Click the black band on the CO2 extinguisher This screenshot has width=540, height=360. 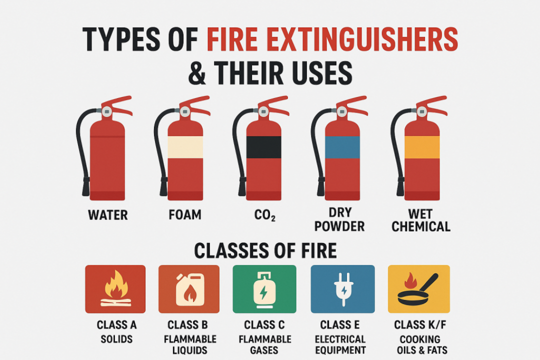[x=264, y=147]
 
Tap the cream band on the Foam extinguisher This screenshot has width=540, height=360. [x=185, y=147]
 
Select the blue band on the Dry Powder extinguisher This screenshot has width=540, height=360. [x=342, y=147]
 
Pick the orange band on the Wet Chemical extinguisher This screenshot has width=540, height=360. [x=422, y=147]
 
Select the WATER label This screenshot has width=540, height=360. [x=107, y=215]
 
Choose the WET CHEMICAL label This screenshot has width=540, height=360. [x=421, y=220]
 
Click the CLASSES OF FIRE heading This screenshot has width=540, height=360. [x=265, y=250]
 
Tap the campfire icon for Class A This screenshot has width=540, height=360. [x=115, y=289]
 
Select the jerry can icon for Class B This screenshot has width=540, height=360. [x=189, y=289]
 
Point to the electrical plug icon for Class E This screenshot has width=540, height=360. [x=342, y=288]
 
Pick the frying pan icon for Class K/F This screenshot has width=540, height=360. [x=417, y=290]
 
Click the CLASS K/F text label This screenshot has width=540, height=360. [x=420, y=325]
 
